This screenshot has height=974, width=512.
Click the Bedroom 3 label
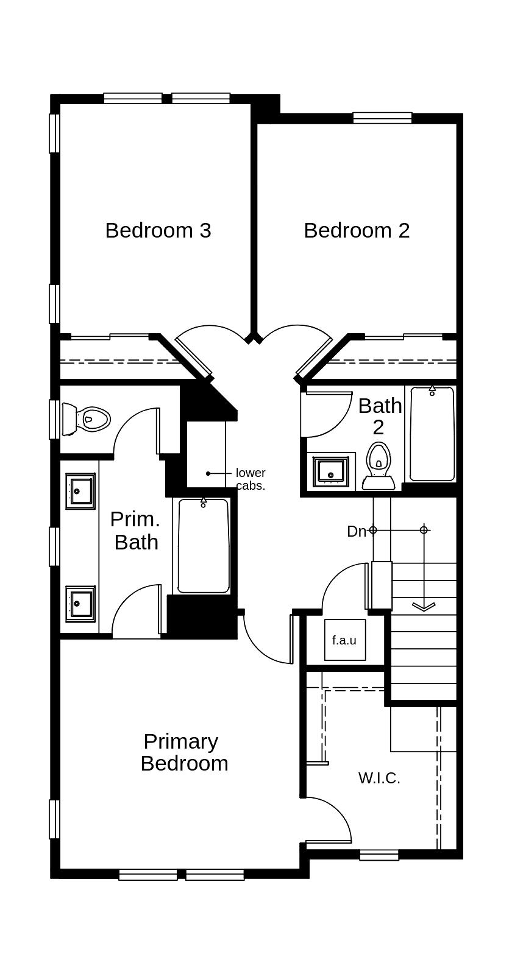click(x=158, y=230)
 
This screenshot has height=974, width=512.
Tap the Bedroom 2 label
click(x=357, y=230)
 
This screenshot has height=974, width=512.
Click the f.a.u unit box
click(x=345, y=640)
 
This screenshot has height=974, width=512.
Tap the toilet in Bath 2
click(x=379, y=465)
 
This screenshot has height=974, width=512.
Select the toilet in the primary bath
click(x=86, y=419)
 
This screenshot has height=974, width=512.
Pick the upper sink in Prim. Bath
click(x=80, y=491)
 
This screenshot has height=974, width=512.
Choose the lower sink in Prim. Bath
click(x=80, y=604)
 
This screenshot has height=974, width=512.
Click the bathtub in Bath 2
click(x=432, y=434)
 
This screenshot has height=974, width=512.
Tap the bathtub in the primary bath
click(x=203, y=545)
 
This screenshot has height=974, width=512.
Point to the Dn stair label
click(x=357, y=531)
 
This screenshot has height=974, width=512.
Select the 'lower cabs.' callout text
click(x=251, y=479)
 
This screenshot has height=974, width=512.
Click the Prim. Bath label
click(x=135, y=531)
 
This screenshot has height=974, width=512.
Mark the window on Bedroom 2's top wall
click(x=382, y=118)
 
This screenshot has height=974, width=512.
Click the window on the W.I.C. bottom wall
click(x=379, y=855)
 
